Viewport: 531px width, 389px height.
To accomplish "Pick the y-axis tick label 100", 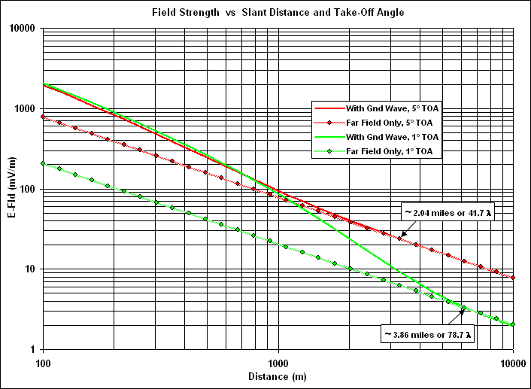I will [x=29, y=189].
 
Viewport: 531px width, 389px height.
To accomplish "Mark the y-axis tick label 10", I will [x=31, y=269].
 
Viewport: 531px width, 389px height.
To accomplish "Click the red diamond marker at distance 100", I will [x=43, y=117].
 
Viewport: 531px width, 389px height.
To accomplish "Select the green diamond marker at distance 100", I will [x=43, y=163].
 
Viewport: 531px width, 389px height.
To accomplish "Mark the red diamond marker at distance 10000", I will [x=513, y=278].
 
